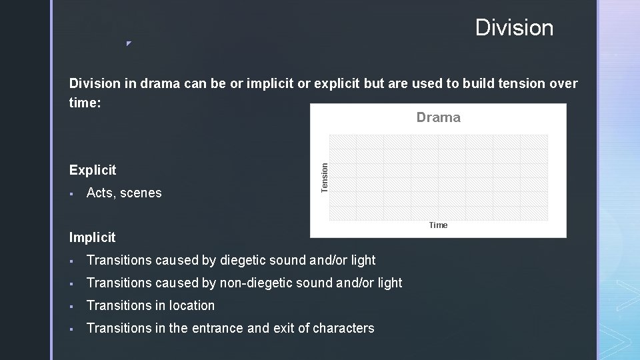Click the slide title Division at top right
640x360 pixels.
(x=514, y=28)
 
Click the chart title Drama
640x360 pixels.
(x=438, y=117)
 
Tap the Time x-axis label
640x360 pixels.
(x=438, y=225)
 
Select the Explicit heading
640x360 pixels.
(x=93, y=170)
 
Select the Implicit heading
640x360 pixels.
(x=92, y=237)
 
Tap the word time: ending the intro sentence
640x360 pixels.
(x=85, y=103)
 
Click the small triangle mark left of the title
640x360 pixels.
(x=129, y=44)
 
